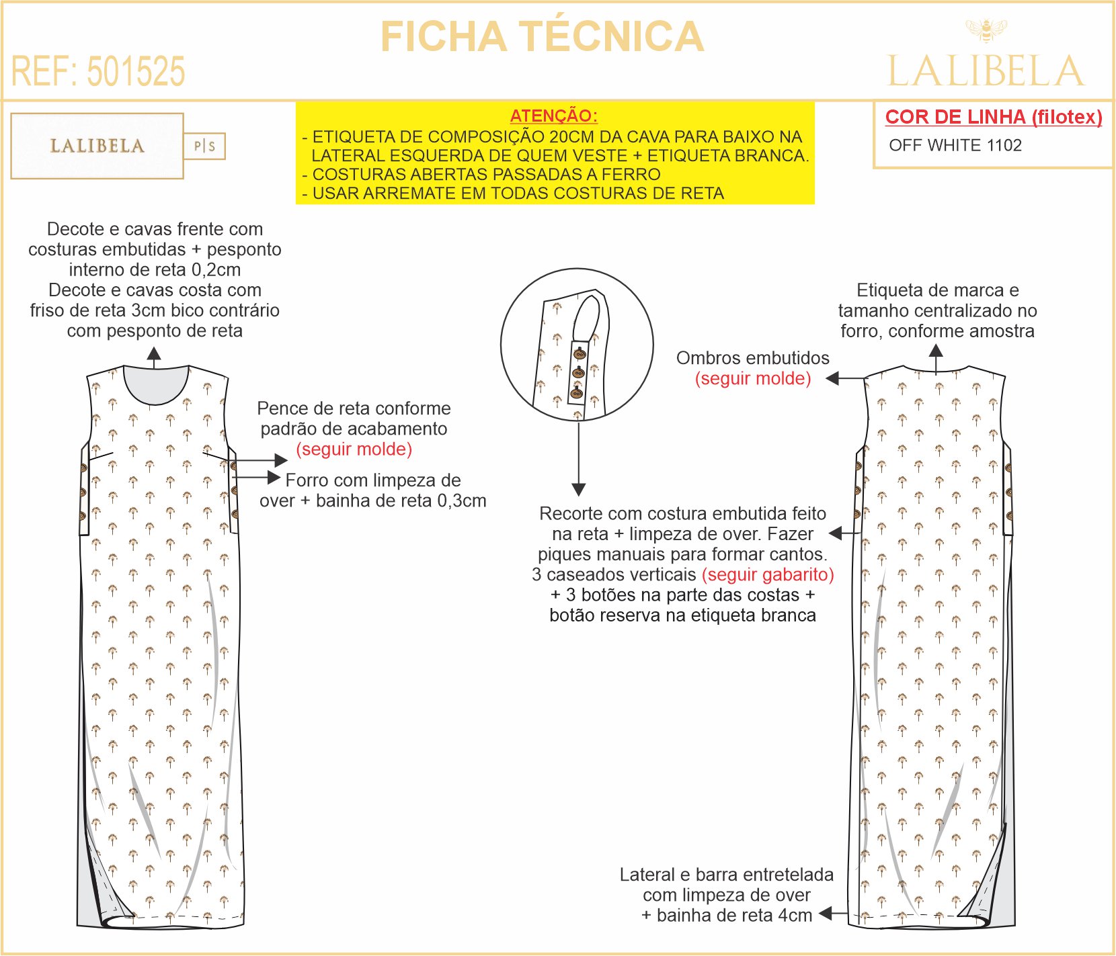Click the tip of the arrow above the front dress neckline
click(x=154, y=347)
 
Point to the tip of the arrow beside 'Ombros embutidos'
click(x=826, y=378)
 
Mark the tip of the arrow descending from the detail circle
click(x=579, y=496)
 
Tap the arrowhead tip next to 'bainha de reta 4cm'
click(x=820, y=914)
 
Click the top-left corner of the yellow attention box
click(x=296, y=102)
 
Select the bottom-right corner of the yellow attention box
click(x=815, y=204)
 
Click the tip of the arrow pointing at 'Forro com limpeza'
click(x=280, y=478)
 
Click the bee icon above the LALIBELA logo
click(x=986, y=30)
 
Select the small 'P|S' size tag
click(x=204, y=146)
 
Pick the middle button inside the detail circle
click(x=577, y=372)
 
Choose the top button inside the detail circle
click(x=579, y=353)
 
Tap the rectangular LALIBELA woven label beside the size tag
click(x=97, y=146)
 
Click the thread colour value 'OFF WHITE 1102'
click(x=955, y=145)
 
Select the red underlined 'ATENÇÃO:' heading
click(x=554, y=116)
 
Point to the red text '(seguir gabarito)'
click(x=768, y=575)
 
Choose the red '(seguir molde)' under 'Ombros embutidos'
click(x=753, y=379)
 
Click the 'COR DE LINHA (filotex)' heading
click(x=994, y=117)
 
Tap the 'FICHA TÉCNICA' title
click(x=543, y=36)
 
